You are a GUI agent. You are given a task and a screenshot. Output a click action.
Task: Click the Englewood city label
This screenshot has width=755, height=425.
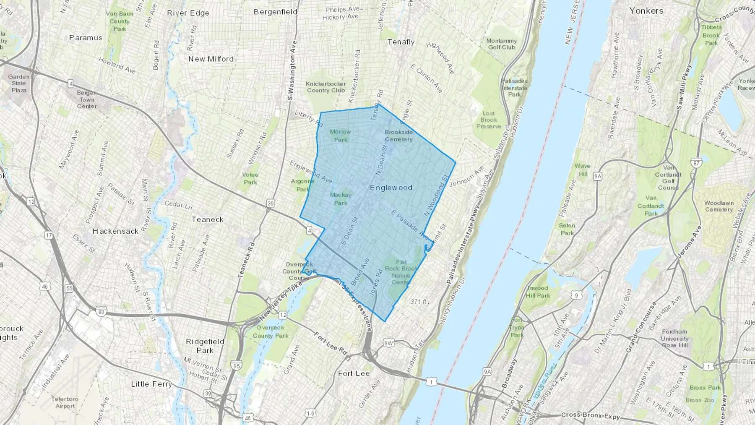[391, 188]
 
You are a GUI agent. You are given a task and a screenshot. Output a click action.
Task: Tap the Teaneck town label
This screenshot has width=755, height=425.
[207, 219]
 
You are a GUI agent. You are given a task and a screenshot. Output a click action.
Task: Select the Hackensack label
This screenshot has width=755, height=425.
[115, 231]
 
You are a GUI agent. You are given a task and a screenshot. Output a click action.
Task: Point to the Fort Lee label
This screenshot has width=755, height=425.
[354, 373]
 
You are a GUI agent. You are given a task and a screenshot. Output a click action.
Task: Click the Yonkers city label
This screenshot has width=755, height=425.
[646, 11]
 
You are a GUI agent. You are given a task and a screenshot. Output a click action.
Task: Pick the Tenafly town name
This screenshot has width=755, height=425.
[401, 42]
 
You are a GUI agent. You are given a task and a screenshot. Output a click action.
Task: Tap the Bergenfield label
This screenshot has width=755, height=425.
[276, 12]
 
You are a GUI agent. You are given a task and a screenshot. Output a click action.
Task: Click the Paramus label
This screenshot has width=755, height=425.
[86, 38]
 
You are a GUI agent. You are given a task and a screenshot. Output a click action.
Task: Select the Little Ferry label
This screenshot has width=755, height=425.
[151, 384]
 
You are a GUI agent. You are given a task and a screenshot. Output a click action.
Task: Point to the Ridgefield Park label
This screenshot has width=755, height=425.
[205, 346]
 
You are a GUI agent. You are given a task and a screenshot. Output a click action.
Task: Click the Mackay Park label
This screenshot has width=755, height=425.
[341, 199]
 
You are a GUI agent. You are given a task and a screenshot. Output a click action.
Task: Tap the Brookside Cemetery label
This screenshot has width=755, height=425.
[398, 136]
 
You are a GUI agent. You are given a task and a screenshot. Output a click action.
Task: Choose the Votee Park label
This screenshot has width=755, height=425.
[250, 178]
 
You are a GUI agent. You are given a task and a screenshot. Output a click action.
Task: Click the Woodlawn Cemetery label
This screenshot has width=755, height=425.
[719, 206]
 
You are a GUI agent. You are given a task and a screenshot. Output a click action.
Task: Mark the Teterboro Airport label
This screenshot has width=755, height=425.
[65, 402]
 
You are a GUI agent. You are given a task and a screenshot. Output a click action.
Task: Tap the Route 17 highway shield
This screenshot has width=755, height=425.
[49, 235]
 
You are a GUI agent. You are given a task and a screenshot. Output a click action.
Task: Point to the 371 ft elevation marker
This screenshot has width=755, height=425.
[418, 302]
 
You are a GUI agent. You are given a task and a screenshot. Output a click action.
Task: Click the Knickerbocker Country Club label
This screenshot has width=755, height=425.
[326, 87]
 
